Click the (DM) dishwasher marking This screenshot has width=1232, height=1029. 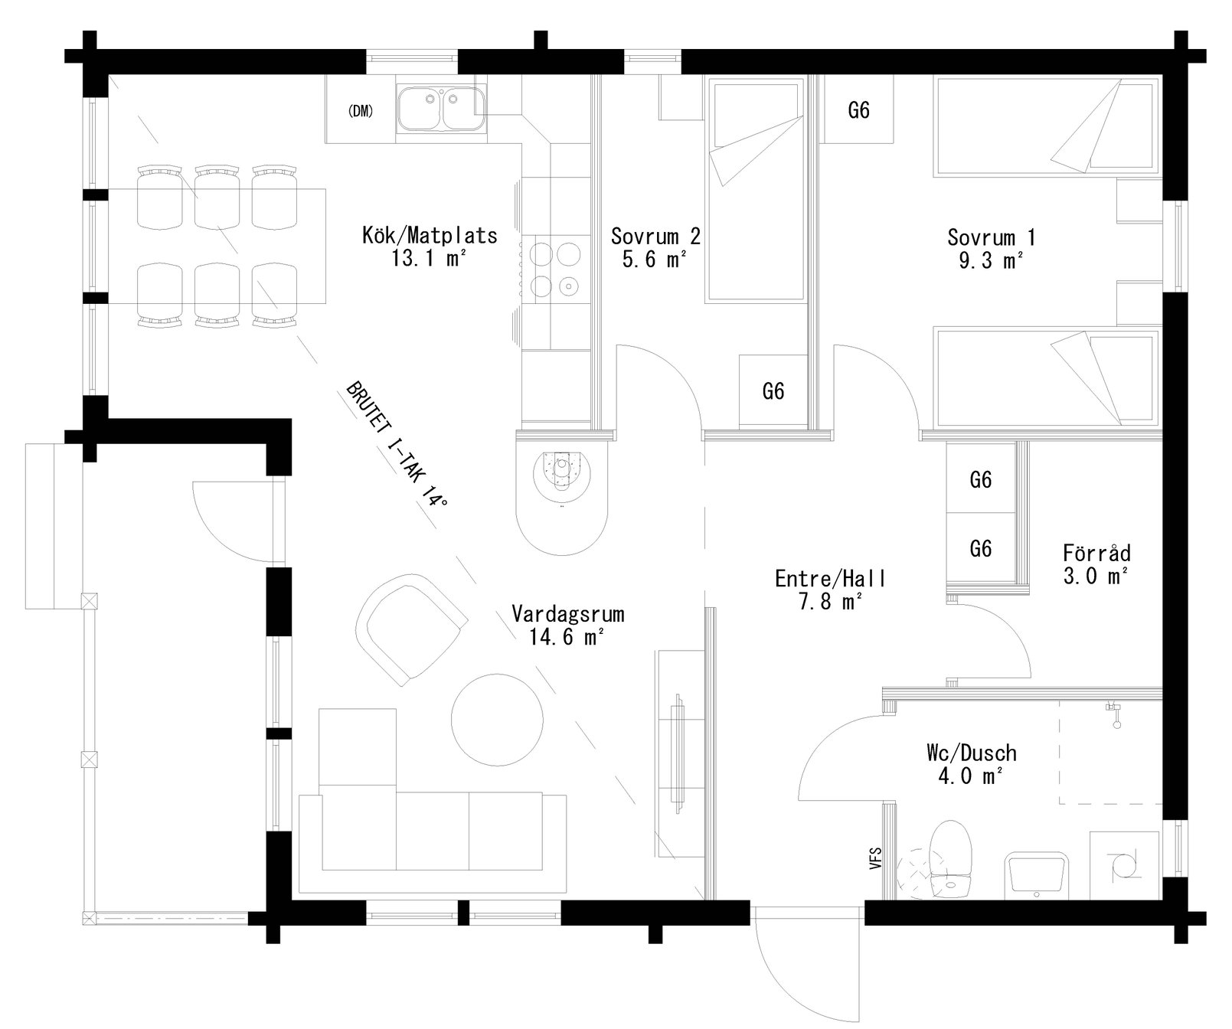(x=360, y=111)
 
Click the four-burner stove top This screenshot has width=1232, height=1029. (x=554, y=269)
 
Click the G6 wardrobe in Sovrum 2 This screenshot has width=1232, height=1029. (x=773, y=391)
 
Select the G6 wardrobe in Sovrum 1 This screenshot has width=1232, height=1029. (x=859, y=110)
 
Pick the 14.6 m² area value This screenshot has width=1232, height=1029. (x=567, y=636)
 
